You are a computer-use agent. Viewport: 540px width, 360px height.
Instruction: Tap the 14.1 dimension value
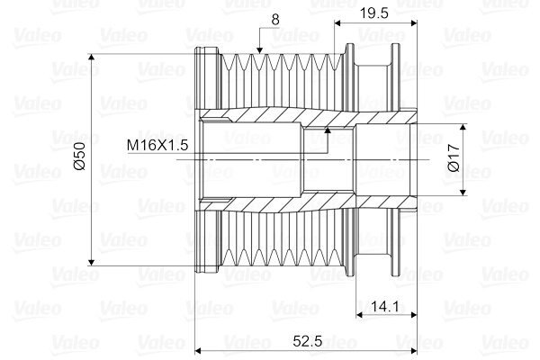(384, 306)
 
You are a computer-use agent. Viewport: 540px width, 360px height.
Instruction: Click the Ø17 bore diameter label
(454, 159)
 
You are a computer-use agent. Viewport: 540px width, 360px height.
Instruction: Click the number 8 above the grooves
(274, 17)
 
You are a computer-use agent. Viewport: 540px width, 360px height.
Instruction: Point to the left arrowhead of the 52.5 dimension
(200, 348)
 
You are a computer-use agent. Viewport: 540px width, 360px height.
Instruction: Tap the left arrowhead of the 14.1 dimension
(360, 315)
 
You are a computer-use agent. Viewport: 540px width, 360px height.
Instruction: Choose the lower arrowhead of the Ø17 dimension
(464, 190)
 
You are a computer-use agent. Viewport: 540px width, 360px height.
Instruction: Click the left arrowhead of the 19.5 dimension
(338, 22)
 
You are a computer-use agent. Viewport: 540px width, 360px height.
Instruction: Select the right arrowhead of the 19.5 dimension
(415, 22)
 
